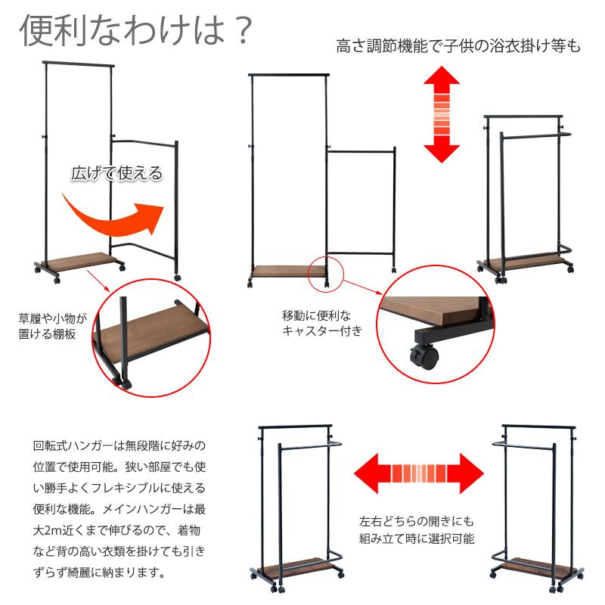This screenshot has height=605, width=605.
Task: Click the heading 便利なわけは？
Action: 137,30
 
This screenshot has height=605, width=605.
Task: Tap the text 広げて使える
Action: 117,173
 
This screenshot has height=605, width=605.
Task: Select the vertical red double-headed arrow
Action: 442,114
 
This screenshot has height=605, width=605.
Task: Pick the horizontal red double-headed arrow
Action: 419,473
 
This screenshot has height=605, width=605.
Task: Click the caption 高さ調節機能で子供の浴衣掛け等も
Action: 458,46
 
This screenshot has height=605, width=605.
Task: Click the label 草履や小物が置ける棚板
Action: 52,327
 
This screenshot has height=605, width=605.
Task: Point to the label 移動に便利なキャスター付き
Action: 322,324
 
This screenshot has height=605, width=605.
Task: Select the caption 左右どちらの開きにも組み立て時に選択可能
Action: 417,530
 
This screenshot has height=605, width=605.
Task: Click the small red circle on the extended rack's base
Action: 326,274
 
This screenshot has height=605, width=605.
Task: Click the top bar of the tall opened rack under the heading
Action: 79,64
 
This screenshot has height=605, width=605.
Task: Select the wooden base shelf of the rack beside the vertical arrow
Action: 526,262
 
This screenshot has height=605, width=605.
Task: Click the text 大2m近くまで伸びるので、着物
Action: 117,530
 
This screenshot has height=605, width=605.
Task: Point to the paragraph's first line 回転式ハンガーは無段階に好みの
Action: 119,445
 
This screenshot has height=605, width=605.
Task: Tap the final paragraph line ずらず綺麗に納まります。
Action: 100,572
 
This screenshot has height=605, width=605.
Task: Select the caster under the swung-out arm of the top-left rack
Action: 177,277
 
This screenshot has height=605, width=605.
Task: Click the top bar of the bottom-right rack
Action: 538,427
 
